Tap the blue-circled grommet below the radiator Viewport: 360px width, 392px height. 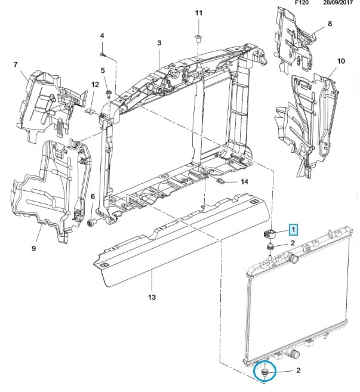(x=264, y=372)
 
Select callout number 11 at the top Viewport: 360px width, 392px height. (x=199, y=13)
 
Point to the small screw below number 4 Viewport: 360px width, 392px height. (x=103, y=54)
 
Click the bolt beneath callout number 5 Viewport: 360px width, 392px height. (x=108, y=93)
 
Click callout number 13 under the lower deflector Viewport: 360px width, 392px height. (x=152, y=297)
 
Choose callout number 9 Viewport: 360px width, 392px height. (x=33, y=248)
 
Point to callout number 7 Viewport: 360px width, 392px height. (x=16, y=63)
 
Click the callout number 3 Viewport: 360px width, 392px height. (x=159, y=43)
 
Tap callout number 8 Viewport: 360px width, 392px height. (x=330, y=24)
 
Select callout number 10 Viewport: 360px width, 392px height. (x=341, y=61)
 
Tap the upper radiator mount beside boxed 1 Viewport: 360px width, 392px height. (x=270, y=233)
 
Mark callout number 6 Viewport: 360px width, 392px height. (x=93, y=196)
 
